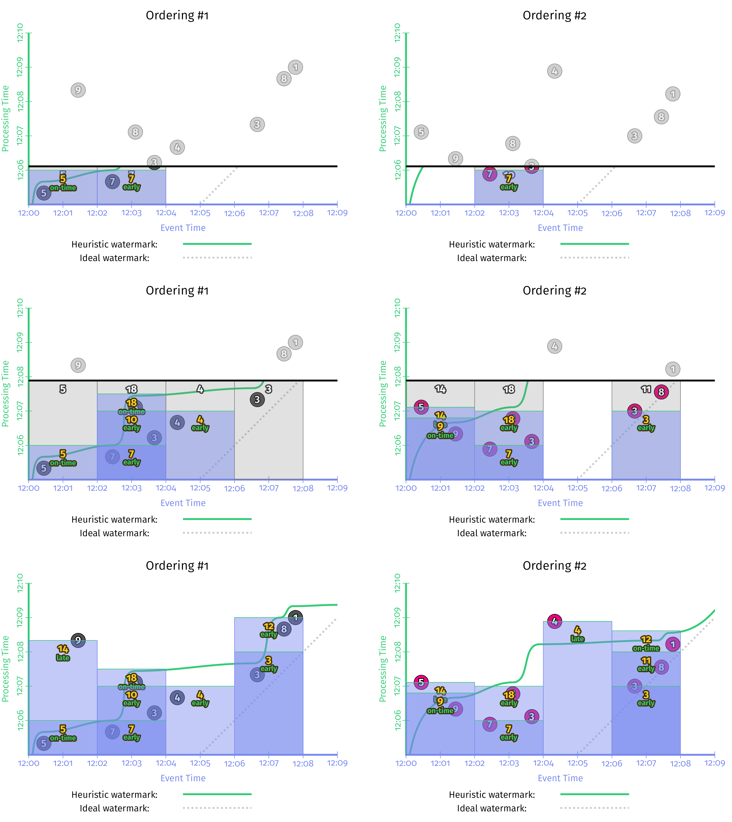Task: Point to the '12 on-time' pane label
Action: pyautogui.click(x=646, y=643)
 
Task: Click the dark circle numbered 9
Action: pyautogui.click(x=78, y=640)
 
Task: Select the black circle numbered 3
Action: pyautogui.click(x=257, y=399)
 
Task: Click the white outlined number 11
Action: pyautogui.click(x=646, y=389)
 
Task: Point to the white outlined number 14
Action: pyautogui.click(x=440, y=389)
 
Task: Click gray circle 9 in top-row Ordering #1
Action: pyautogui.click(x=78, y=90)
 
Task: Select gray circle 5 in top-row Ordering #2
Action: pyautogui.click(x=421, y=132)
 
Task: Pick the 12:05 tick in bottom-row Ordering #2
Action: pyautogui.click(x=578, y=763)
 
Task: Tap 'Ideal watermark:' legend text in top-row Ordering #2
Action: pyautogui.click(x=491, y=258)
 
